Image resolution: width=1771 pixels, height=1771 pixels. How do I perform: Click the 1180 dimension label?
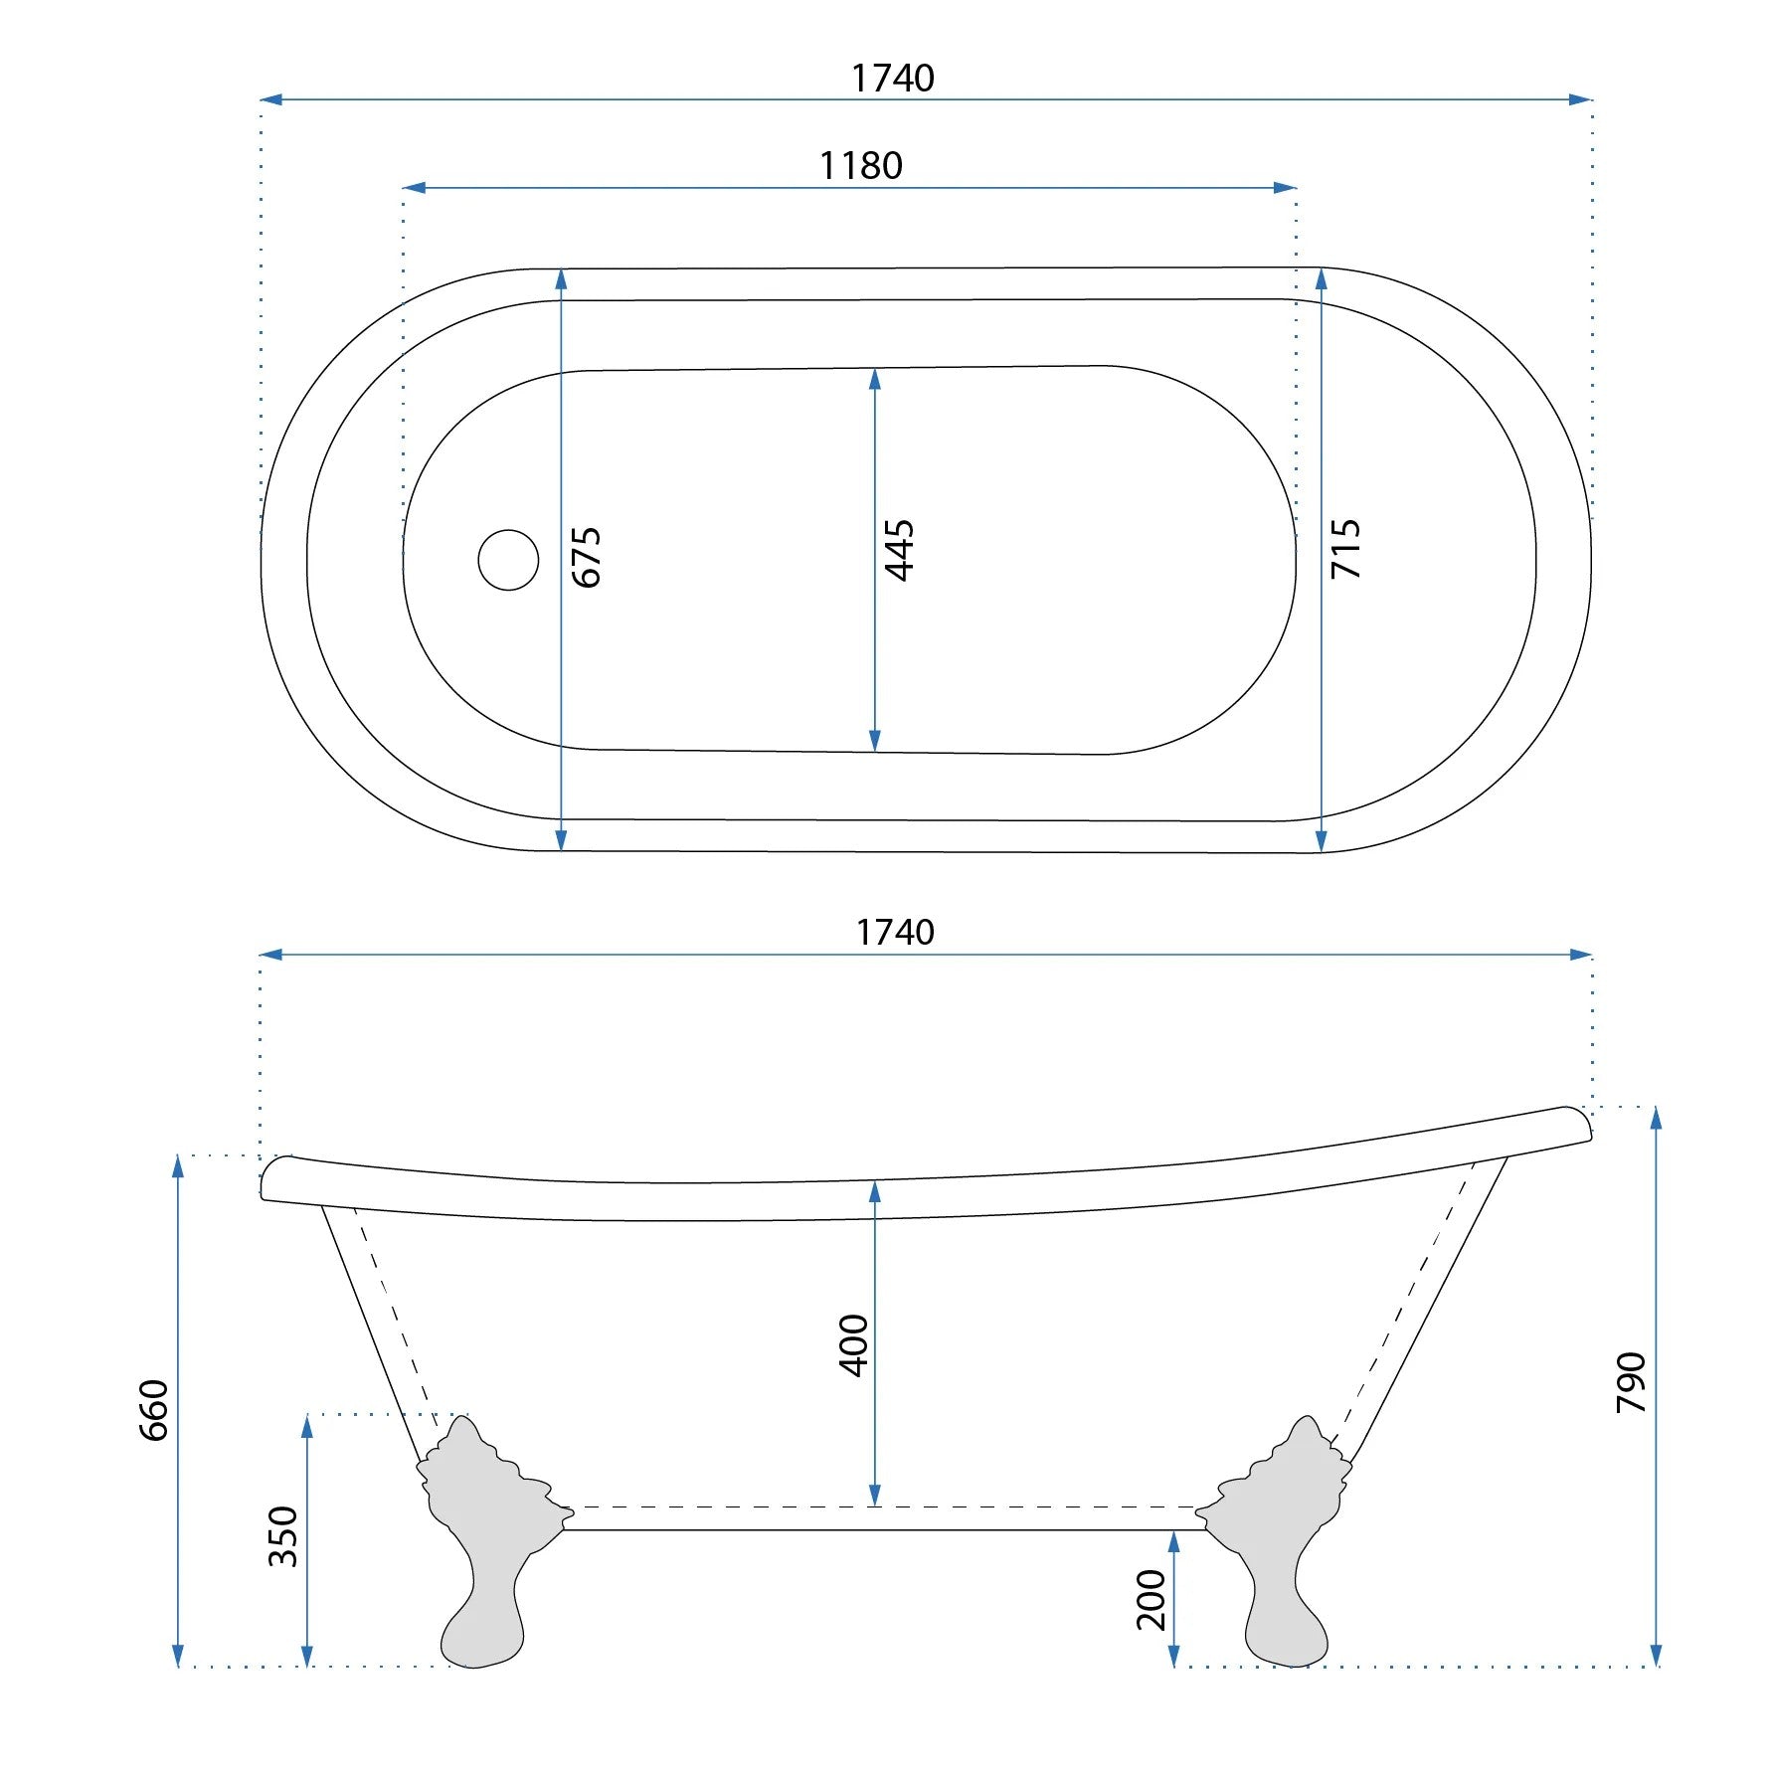tap(861, 165)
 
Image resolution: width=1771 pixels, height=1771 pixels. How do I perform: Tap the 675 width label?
tap(587, 558)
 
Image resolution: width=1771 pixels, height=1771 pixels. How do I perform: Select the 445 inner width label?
tap(900, 550)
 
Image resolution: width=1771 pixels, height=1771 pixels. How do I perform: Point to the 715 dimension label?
tap(1345, 548)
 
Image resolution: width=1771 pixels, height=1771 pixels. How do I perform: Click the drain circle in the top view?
tap(508, 560)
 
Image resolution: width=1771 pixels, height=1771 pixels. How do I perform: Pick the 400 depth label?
tap(854, 1345)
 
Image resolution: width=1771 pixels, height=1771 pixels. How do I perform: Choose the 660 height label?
tap(154, 1410)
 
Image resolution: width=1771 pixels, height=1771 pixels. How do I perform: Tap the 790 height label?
tap(1632, 1382)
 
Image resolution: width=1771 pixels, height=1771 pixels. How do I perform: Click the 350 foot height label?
tap(283, 1536)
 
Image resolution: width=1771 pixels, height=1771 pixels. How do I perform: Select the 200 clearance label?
tap(1151, 1600)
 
